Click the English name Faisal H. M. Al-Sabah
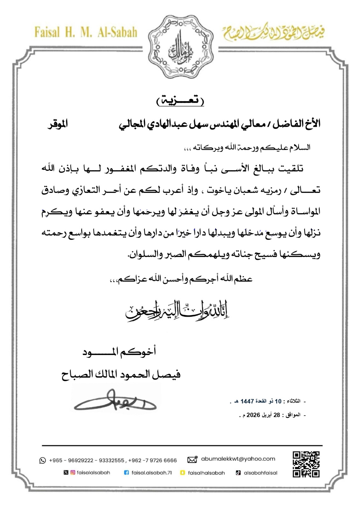86,32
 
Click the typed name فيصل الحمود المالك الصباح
121,374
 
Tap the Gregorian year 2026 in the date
254,415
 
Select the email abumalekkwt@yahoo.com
238,459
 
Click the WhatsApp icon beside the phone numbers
42,460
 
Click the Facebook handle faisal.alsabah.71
152,473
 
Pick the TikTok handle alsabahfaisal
260,473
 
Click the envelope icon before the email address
192,459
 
